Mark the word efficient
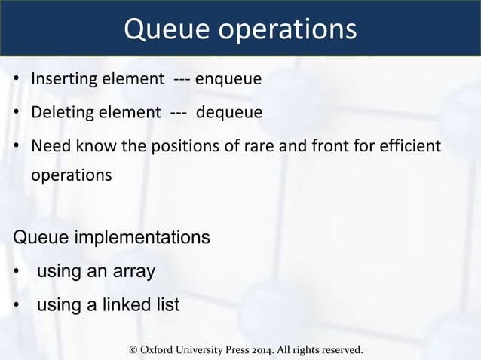(x=411, y=145)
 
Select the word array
(x=133, y=272)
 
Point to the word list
(x=167, y=305)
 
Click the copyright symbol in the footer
(x=134, y=350)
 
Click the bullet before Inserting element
(x=16, y=79)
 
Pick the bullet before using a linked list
(x=16, y=306)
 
